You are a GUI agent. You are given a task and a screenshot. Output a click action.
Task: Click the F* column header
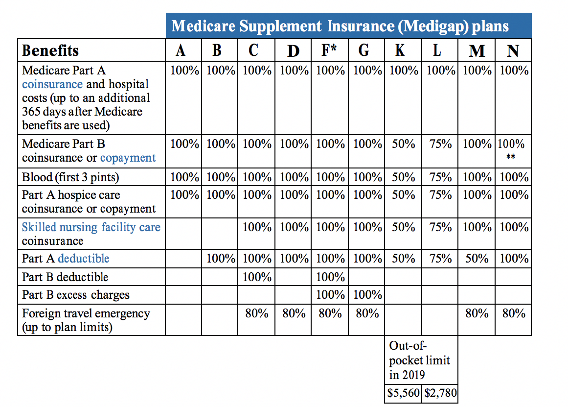point(329,50)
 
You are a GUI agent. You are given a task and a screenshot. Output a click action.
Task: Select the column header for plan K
point(403,50)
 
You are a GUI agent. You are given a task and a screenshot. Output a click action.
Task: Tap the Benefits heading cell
point(91,50)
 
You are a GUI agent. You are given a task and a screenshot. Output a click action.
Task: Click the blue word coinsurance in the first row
point(52,84)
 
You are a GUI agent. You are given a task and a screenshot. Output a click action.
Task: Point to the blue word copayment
point(128,158)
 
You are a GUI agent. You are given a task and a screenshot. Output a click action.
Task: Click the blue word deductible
point(83,258)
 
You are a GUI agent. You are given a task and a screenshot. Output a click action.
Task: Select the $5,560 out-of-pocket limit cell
point(403,393)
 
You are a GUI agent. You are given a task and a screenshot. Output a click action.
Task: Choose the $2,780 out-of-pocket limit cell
point(440,393)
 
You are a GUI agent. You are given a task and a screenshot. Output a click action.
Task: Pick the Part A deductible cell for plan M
point(477,259)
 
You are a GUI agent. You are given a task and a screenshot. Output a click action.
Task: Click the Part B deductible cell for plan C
point(256,277)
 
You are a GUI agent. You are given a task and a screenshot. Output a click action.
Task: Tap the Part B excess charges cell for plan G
point(366,294)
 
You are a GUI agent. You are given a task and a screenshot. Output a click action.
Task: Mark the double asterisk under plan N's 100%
point(510,157)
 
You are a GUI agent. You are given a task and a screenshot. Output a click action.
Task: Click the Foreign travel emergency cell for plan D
point(293,320)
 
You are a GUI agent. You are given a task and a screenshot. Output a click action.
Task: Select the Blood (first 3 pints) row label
point(70,177)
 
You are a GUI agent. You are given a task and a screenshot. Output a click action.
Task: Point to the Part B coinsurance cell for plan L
point(440,151)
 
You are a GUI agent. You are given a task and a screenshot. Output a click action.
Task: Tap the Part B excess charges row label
point(76,295)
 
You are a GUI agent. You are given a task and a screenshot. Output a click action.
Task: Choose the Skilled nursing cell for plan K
point(403,234)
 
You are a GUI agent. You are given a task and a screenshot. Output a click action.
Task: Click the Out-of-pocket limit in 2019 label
point(419,360)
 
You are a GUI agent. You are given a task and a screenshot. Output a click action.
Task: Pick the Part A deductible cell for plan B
point(220,259)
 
